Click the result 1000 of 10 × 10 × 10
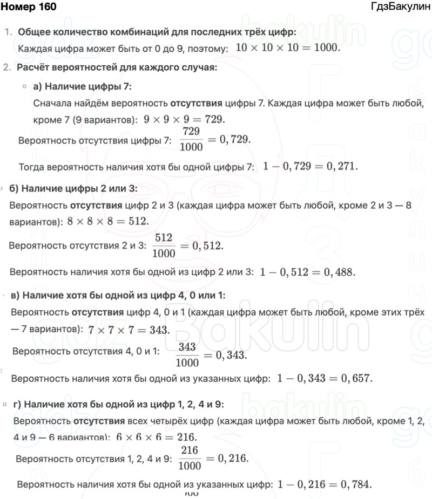[326, 48]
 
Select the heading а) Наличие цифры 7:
[82, 86]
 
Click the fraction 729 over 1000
[191, 139]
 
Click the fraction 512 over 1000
[164, 245]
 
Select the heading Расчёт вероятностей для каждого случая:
[117, 67]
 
